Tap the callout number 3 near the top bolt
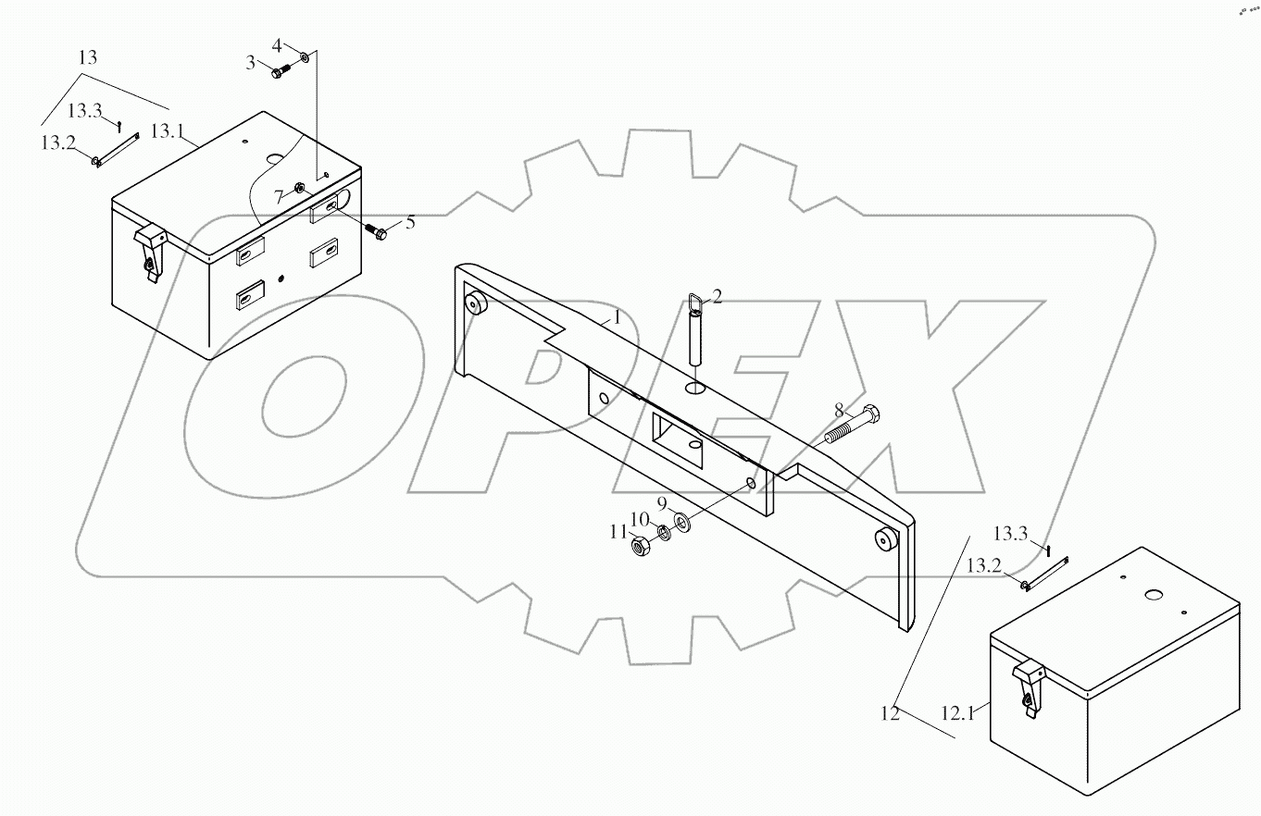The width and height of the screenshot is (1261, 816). coord(250,62)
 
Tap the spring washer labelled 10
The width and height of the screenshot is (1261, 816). coord(663,534)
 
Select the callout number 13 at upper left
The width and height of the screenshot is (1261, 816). coord(87,57)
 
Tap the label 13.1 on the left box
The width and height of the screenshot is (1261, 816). coord(167,131)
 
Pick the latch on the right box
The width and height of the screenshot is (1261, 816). coord(1028,684)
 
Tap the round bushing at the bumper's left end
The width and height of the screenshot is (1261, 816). coord(476,303)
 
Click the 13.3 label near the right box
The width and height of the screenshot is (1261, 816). coord(1010,534)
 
